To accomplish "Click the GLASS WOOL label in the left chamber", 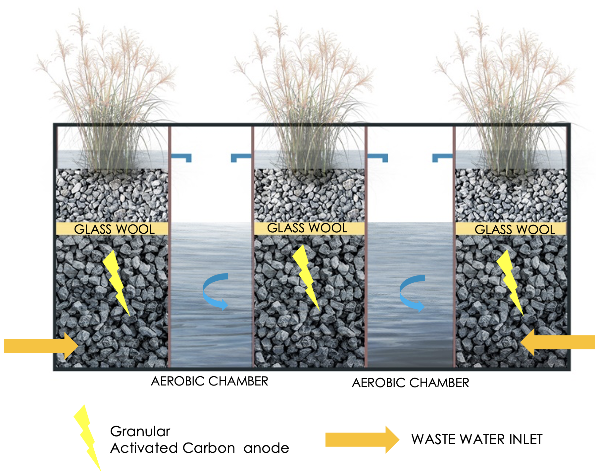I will pyautogui.click(x=114, y=229).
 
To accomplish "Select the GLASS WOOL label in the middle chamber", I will pyautogui.click(x=307, y=228).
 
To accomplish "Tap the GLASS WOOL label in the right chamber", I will pyautogui.click(x=515, y=229).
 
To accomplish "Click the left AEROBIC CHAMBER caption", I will pyautogui.click(x=209, y=381).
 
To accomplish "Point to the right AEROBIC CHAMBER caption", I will pyautogui.click(x=410, y=383).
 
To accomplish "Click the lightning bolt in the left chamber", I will pyautogui.click(x=116, y=282).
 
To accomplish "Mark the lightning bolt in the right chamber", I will pyautogui.click(x=510, y=282).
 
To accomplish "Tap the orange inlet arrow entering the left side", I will pyautogui.click(x=41, y=346).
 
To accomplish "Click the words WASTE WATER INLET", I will pyautogui.click(x=477, y=440).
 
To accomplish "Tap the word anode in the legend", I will pyautogui.click(x=266, y=448).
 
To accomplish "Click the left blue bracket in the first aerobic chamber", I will pyautogui.click(x=181, y=157).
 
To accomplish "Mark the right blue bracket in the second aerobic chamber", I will pyautogui.click(x=442, y=157).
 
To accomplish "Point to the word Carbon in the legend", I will pyautogui.click(x=208, y=448).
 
